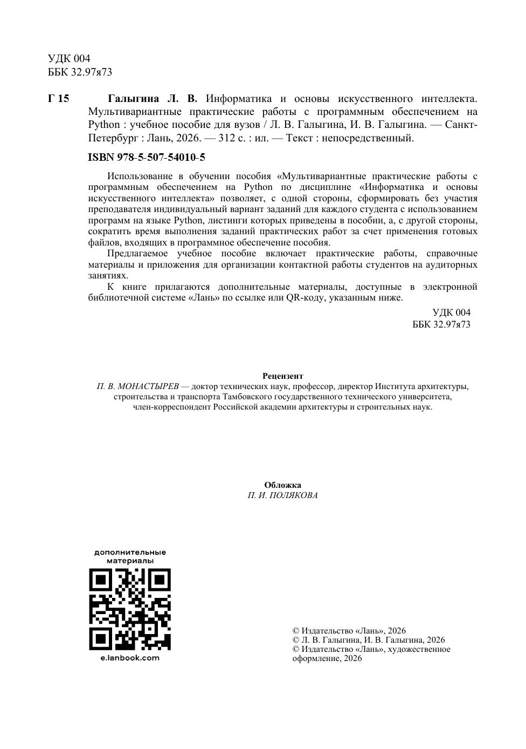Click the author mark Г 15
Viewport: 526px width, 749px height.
coord(58,99)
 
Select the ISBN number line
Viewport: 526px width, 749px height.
coord(146,158)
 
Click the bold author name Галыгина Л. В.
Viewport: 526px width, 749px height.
coord(153,99)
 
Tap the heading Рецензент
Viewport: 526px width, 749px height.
coord(282,376)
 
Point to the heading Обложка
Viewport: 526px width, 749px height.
coord(282,485)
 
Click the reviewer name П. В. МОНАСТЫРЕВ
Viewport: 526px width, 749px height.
coord(137,386)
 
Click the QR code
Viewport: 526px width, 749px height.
coord(130,609)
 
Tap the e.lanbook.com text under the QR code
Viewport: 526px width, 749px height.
coord(130,658)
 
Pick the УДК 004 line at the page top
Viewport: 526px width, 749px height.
coord(69,58)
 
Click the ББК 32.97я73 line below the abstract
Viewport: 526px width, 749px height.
coord(441,324)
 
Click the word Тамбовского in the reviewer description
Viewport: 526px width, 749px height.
coord(248,397)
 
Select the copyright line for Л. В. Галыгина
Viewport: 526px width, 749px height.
coord(369,640)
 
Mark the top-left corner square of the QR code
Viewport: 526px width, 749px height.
coord(100,580)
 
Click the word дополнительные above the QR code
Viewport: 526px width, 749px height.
coord(130,552)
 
